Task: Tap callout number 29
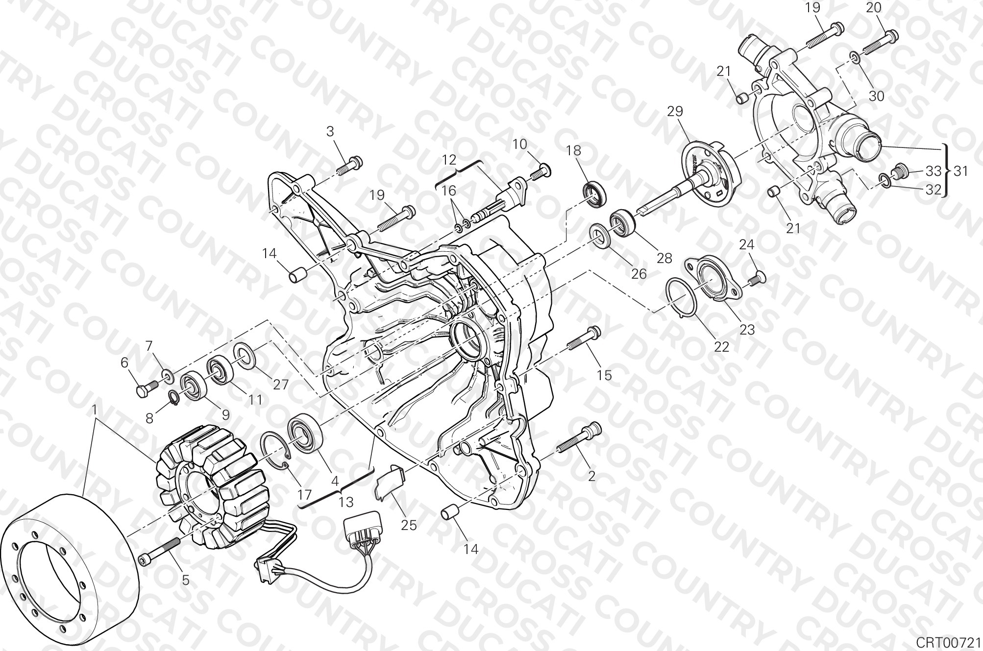coord(675,112)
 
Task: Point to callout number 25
coord(409,525)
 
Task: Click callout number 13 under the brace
coord(346,502)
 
